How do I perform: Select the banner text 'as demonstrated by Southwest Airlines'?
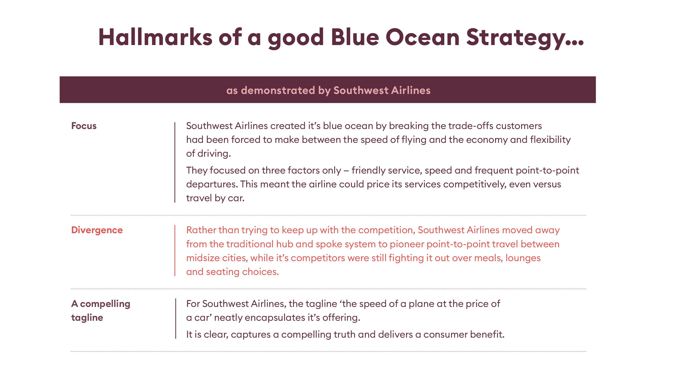(x=328, y=90)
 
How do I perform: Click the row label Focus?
(x=84, y=126)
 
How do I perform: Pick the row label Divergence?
(x=97, y=230)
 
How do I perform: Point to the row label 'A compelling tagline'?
(x=100, y=311)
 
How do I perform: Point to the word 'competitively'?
(x=474, y=184)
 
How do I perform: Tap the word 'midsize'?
(x=203, y=258)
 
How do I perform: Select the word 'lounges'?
(x=523, y=258)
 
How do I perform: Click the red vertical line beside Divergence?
(x=175, y=251)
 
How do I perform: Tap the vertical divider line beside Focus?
(x=175, y=163)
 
